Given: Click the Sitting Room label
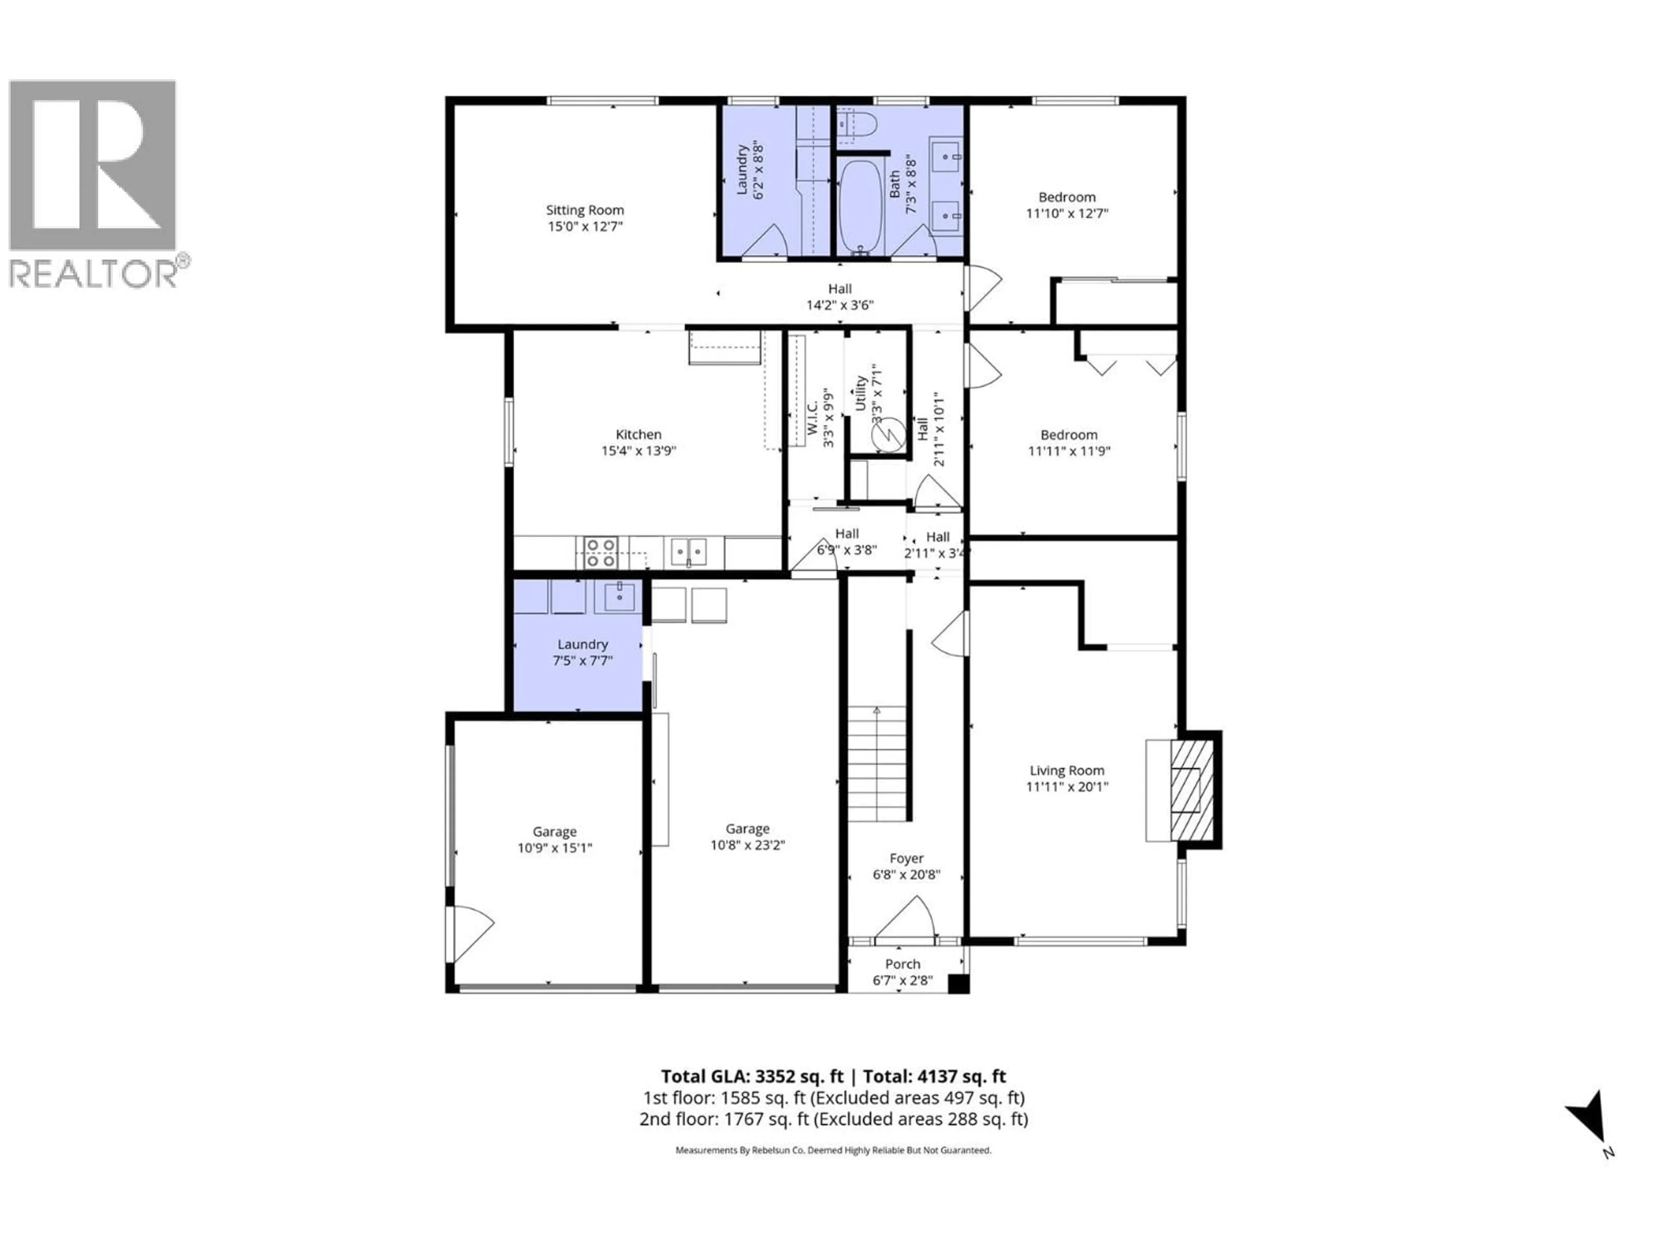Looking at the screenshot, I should pos(585,210).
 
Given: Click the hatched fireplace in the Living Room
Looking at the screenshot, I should pos(1192,790).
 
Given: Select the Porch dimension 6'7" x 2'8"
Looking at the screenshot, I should pos(903,980).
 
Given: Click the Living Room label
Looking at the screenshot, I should pos(1066,770).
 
